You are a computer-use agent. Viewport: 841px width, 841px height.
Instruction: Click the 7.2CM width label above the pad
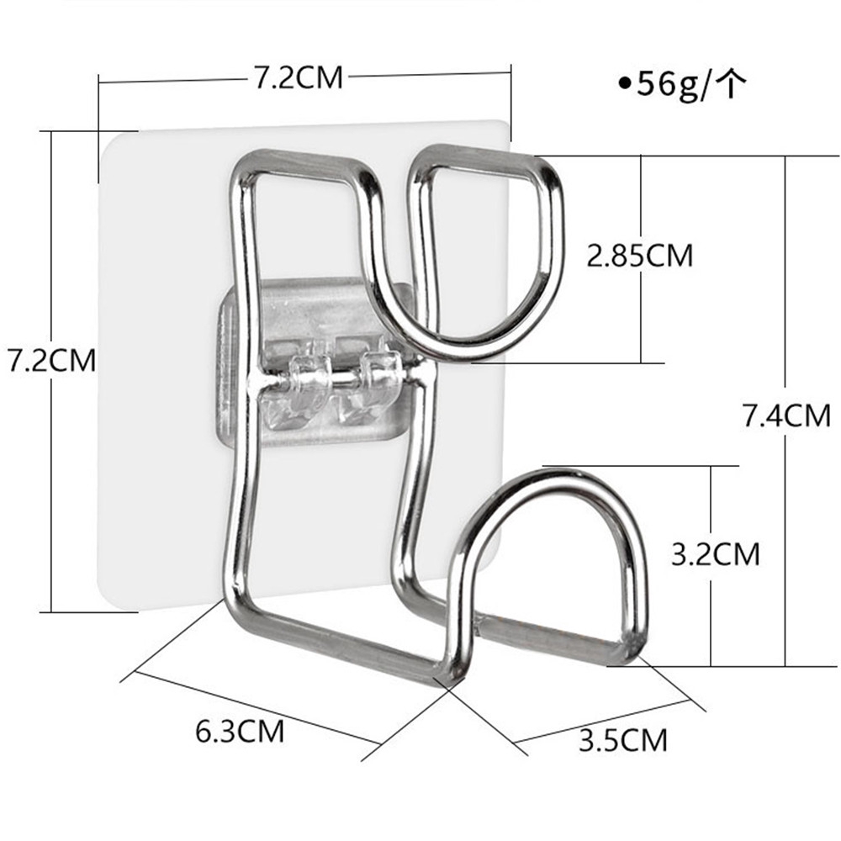pyautogui.click(x=299, y=77)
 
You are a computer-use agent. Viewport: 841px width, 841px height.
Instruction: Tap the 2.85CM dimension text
pyautogui.click(x=639, y=255)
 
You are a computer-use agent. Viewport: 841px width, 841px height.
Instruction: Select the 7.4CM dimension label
pyautogui.click(x=785, y=415)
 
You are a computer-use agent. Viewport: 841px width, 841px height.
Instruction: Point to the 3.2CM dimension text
pyautogui.click(x=715, y=554)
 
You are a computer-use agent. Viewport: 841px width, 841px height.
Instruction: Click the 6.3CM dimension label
pyautogui.click(x=240, y=730)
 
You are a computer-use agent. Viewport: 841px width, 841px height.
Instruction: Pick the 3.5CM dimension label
pyautogui.click(x=622, y=740)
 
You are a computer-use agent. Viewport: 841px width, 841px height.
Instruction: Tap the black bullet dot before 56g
pyautogui.click(x=624, y=84)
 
